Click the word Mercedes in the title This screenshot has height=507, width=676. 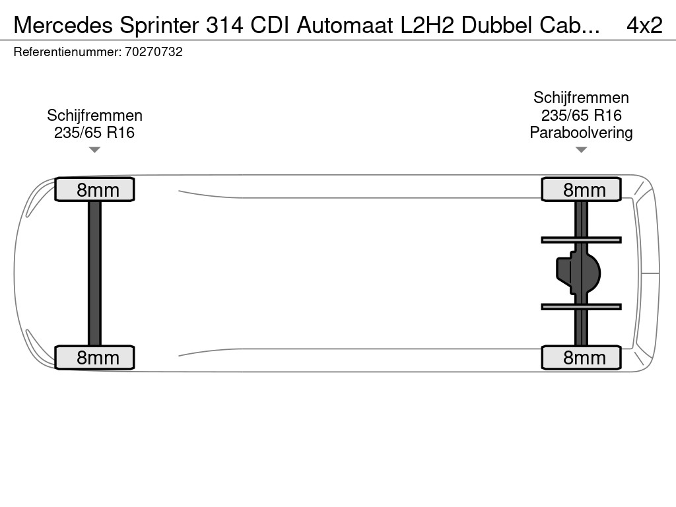tap(63, 25)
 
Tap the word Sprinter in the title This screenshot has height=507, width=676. tap(160, 25)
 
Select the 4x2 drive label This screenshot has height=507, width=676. tap(644, 25)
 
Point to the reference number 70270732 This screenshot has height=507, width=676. tap(153, 52)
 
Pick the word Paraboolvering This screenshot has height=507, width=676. tap(581, 133)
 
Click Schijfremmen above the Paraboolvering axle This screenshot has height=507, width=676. tap(581, 98)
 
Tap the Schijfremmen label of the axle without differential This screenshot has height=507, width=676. tap(94, 116)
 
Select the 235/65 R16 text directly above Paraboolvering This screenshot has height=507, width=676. tap(581, 116)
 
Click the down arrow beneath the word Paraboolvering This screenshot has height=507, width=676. tap(581, 150)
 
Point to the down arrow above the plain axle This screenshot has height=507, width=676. tap(94, 150)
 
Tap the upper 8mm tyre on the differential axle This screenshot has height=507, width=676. tap(581, 189)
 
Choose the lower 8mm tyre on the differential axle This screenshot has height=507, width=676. tap(581, 357)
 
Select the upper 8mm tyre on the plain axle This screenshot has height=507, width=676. tap(94, 189)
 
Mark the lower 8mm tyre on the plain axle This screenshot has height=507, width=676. tap(94, 357)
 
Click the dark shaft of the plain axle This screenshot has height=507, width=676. tap(94, 273)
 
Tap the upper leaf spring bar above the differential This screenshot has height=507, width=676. tap(581, 240)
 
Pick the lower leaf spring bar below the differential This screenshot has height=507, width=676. tap(581, 306)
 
